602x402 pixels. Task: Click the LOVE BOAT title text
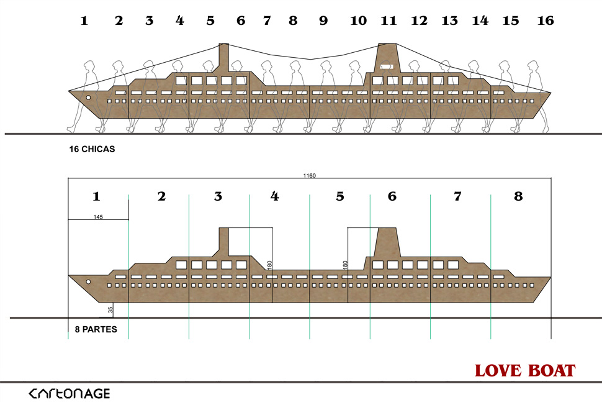pos(525,371)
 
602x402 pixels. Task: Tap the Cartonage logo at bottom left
pos(70,393)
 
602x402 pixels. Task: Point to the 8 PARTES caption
pos(91,329)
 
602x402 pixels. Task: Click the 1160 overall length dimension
pos(310,176)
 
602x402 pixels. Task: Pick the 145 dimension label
pos(98,217)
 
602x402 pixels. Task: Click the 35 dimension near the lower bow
pos(110,309)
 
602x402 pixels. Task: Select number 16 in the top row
pos(545,21)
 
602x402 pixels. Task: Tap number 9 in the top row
pos(323,21)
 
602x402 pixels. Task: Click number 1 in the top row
pos(84,21)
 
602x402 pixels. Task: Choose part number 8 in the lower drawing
pos(518,196)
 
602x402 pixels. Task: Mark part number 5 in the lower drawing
pos(339,196)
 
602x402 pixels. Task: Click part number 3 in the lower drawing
pos(218,196)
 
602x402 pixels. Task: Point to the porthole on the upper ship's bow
pos(88,98)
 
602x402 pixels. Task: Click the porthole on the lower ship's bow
pos(88,282)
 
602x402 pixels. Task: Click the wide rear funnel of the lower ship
pos(387,242)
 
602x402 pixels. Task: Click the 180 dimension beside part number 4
pos(269,264)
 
